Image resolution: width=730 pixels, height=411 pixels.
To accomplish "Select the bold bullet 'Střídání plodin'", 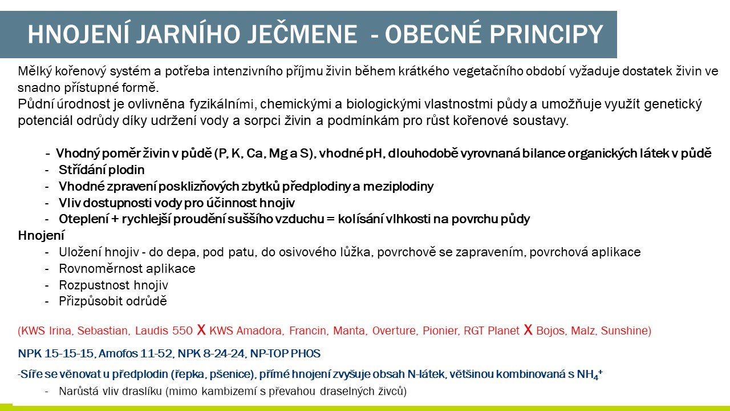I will coord(102,170).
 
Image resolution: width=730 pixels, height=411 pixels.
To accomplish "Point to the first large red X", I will coord(201,330).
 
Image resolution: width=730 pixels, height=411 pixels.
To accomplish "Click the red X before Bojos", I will coord(528,330).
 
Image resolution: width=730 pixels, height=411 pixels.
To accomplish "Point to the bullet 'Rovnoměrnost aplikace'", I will coord(127,269).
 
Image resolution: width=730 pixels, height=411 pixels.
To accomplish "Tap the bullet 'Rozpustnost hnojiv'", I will coord(113,285).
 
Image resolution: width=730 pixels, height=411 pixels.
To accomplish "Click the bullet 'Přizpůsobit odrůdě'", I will coord(112,301).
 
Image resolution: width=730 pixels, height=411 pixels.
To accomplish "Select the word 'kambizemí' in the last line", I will coord(236,392).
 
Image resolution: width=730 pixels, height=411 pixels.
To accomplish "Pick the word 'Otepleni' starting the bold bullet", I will coord(81,219).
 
